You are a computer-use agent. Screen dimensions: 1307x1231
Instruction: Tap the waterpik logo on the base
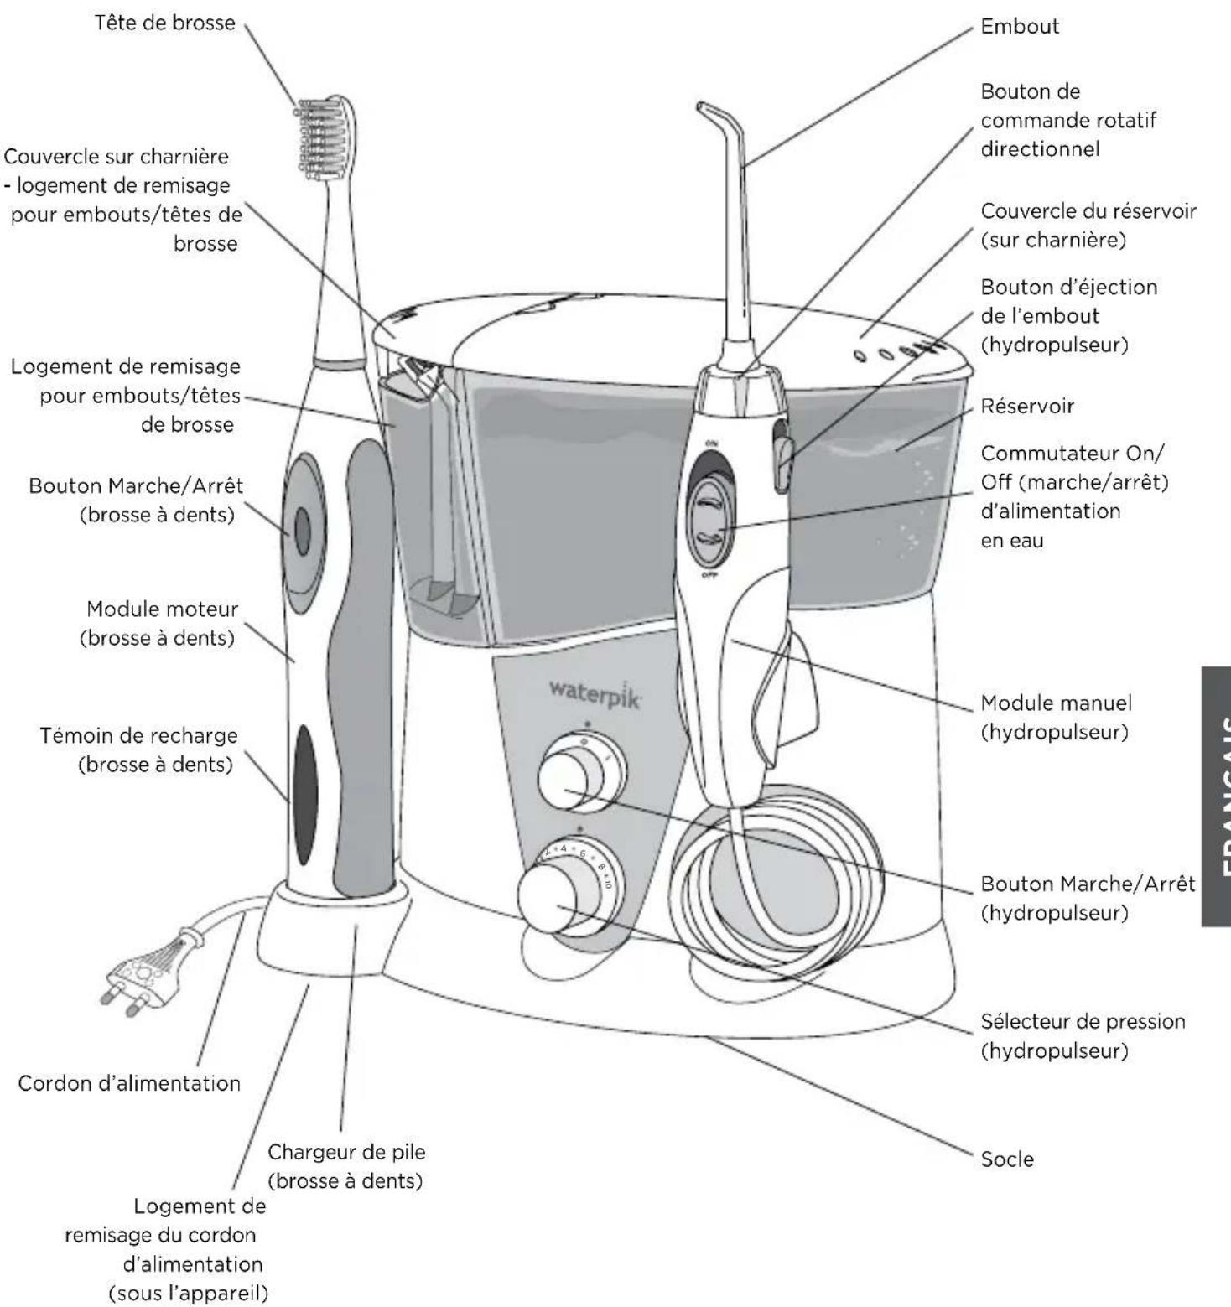pos(594,692)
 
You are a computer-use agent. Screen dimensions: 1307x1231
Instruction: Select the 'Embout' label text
pos(1020,26)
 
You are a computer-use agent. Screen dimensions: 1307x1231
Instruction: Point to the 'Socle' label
pos(1007,1159)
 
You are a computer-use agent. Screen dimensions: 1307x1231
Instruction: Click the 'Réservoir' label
pos(1027,406)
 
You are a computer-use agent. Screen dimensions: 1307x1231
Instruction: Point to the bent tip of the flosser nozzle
pos(709,109)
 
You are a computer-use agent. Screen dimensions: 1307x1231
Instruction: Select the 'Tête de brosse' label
pos(164,23)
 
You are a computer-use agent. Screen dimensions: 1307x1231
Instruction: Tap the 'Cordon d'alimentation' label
pos(129,1083)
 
